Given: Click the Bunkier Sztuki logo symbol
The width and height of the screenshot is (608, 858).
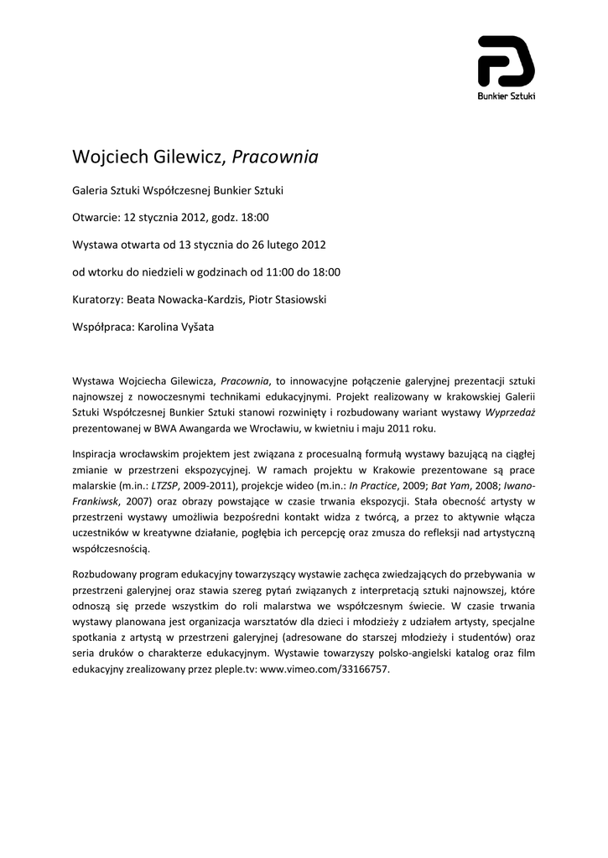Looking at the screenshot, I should click(x=506, y=61).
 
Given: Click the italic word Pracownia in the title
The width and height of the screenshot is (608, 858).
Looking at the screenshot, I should click(x=274, y=157).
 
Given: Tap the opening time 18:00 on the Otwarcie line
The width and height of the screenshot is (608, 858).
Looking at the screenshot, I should click(x=255, y=218).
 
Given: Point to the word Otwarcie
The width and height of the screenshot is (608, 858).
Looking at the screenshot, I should click(x=96, y=218).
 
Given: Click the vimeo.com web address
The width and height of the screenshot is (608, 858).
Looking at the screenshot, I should click(x=325, y=671).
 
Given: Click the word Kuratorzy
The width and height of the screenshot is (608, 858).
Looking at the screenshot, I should click(x=97, y=299).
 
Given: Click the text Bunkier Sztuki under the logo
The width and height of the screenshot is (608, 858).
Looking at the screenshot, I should click(x=506, y=97).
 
